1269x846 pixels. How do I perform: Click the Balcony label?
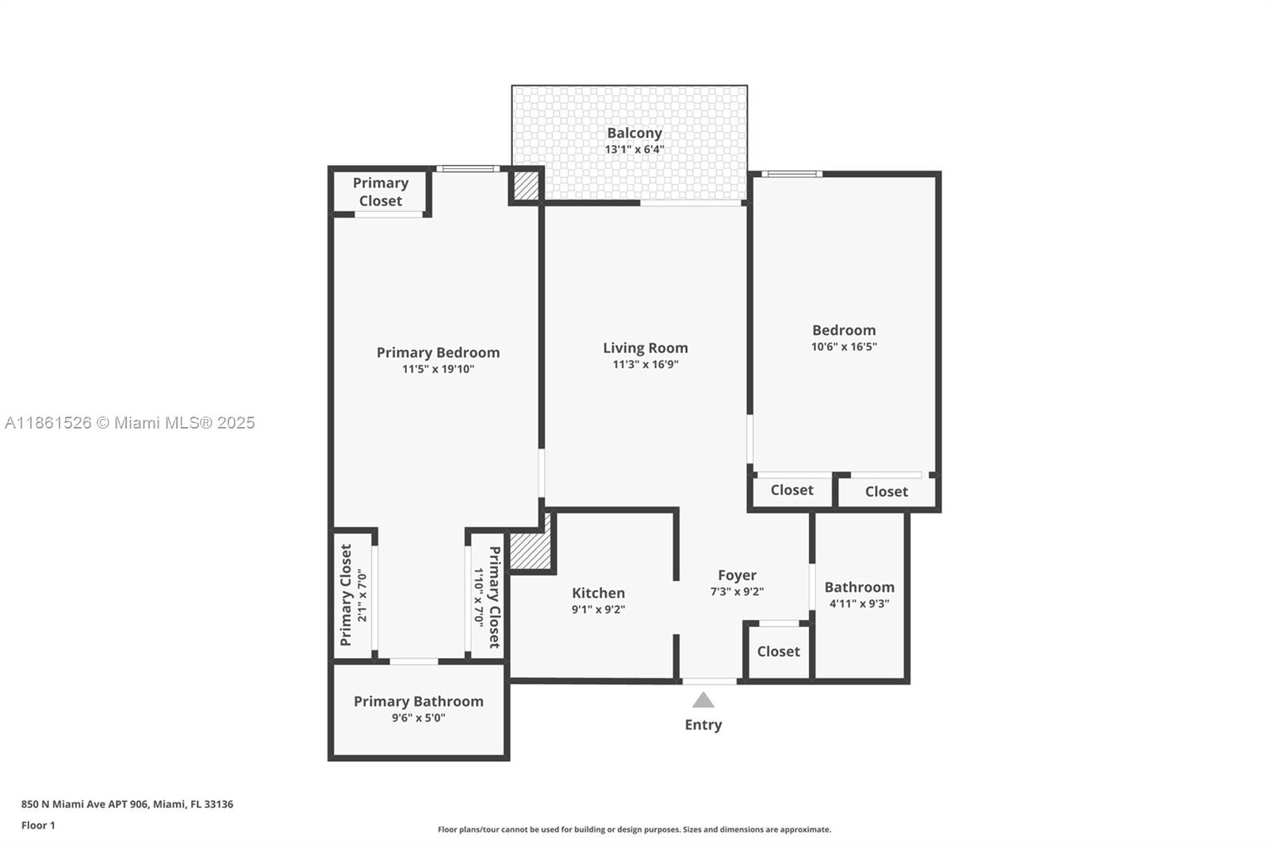point(634,133)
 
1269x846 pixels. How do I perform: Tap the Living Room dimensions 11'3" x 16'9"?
point(646,364)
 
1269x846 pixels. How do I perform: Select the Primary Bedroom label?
point(438,352)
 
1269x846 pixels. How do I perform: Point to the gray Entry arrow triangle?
point(703,700)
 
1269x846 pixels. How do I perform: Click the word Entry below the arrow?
point(703,725)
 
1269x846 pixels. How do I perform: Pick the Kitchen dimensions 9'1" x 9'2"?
point(598,610)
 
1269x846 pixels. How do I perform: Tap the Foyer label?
point(737,575)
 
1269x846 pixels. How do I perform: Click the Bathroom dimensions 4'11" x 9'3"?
point(860,604)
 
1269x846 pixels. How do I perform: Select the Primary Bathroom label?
point(419,702)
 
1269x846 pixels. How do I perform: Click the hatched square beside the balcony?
point(527,186)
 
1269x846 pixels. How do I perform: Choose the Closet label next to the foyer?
point(778,652)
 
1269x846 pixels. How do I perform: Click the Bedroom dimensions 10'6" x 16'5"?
point(844,347)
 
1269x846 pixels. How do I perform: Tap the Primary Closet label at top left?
point(381,191)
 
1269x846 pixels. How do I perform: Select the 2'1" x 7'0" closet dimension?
point(362,595)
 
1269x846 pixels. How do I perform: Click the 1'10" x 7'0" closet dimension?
point(479,598)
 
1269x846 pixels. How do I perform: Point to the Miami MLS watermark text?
point(130,423)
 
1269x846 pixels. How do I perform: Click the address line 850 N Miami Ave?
point(128,804)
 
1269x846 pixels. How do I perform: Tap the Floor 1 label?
point(39,825)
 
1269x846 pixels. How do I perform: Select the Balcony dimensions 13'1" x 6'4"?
point(634,150)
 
